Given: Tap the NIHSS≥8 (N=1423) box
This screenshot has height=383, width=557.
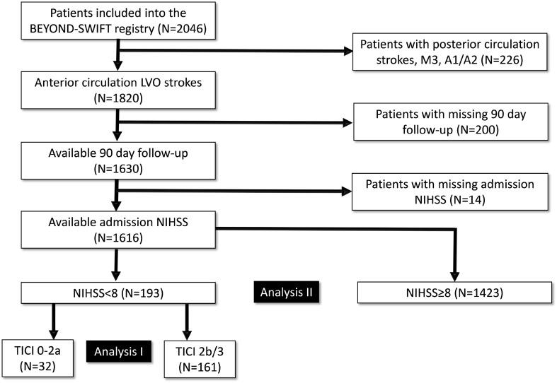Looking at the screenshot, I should [455, 291].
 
